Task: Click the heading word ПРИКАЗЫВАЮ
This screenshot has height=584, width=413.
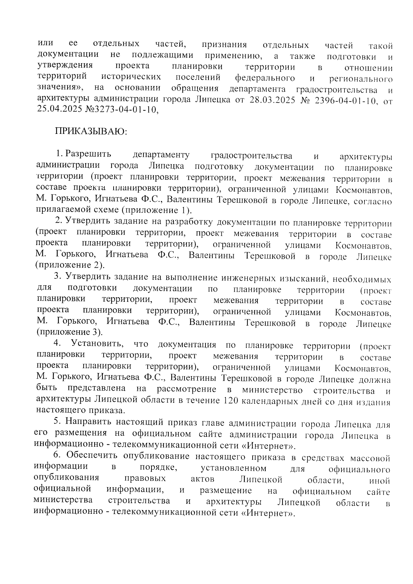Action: coord(91,132)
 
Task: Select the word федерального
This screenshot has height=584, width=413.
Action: coord(265,78)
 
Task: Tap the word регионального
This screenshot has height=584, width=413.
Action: coord(361,79)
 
